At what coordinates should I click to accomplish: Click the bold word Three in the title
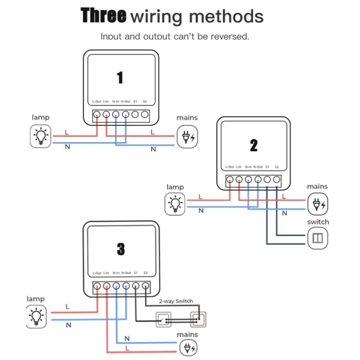(103, 16)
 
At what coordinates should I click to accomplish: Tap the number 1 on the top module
(120, 77)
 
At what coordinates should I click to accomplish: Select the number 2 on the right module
(254, 145)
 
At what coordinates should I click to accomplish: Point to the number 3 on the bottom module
(121, 249)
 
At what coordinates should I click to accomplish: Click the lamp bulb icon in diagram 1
(41, 136)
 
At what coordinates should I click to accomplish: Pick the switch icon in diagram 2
(318, 238)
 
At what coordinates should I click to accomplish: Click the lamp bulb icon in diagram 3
(36, 316)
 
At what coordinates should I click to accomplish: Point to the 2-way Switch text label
(175, 301)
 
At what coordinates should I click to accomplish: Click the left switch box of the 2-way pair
(163, 320)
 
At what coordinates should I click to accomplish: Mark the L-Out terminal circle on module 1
(97, 115)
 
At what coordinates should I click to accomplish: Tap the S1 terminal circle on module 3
(135, 286)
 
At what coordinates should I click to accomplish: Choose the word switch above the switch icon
(318, 222)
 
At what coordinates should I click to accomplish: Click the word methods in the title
(226, 17)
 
